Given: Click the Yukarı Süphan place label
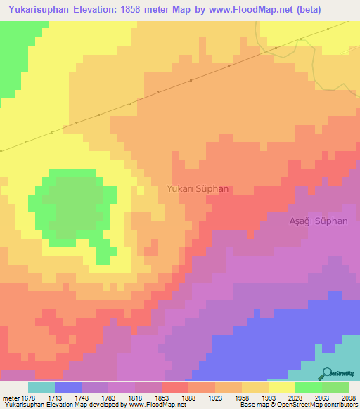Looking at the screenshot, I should (x=198, y=189).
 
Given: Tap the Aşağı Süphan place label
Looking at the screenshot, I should (x=319, y=221).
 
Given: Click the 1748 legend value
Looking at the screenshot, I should (x=82, y=397).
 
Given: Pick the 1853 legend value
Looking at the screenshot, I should (x=162, y=397).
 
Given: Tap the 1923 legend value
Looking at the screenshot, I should (x=215, y=397).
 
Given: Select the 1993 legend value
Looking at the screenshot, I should (x=269, y=397).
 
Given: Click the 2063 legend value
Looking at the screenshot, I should (x=322, y=397).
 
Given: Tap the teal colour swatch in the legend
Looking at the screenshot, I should (x=41, y=387).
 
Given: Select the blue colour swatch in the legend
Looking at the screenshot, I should (x=68, y=387).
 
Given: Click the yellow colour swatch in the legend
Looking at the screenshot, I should (x=282, y=387).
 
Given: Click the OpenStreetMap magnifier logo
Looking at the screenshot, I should (x=326, y=374).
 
